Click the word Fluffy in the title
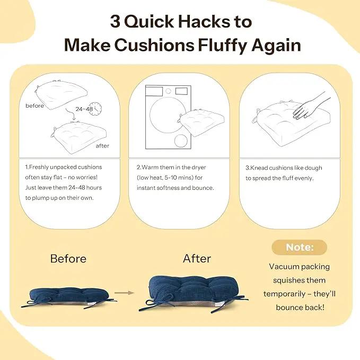pyautogui.click(x=223, y=45)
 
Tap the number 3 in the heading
pyautogui.click(x=115, y=22)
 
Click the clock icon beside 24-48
pyautogui.click(x=95, y=109)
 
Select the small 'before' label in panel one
pyautogui.click(x=34, y=106)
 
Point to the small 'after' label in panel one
pyautogui.click(x=102, y=146)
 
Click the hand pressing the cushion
pyautogui.click(x=310, y=104)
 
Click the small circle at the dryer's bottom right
pyautogui.click(x=181, y=141)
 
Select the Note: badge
pyautogui.click(x=300, y=247)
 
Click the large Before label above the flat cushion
pyautogui.click(x=68, y=259)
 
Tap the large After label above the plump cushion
pyautogui.click(x=197, y=259)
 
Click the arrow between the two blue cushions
pyautogui.click(x=124, y=293)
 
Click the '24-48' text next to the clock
pyautogui.click(x=84, y=109)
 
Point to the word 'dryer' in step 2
pyautogui.click(x=199, y=168)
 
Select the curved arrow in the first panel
pyautogui.click(x=71, y=115)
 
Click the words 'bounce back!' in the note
pyautogui.click(x=300, y=308)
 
